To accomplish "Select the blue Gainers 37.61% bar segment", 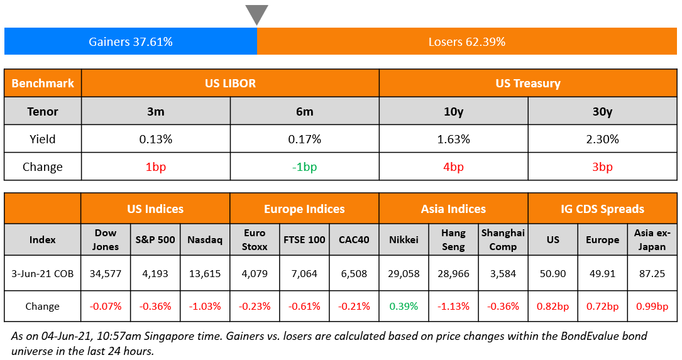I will (x=131, y=42).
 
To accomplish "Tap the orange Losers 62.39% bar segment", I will (x=467, y=42).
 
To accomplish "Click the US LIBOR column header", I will (x=230, y=83).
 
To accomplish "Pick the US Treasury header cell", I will (x=528, y=83).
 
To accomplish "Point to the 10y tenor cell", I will (x=453, y=112).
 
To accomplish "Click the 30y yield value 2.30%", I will (x=602, y=139).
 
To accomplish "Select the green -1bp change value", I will (x=305, y=166).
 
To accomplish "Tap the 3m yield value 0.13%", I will (x=155, y=139).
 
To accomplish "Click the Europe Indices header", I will (x=304, y=209).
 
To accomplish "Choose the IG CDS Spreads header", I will (x=602, y=209).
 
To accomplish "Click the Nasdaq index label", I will (x=205, y=239).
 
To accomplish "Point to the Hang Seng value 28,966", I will (x=453, y=273).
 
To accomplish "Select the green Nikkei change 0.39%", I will (x=404, y=307).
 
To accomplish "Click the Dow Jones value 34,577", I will (x=106, y=273).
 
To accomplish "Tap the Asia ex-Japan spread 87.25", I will (x=652, y=273).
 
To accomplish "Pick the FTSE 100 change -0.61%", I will (x=304, y=307).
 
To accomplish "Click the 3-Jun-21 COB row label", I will (x=42, y=273).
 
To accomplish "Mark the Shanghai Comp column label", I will (x=503, y=239).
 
